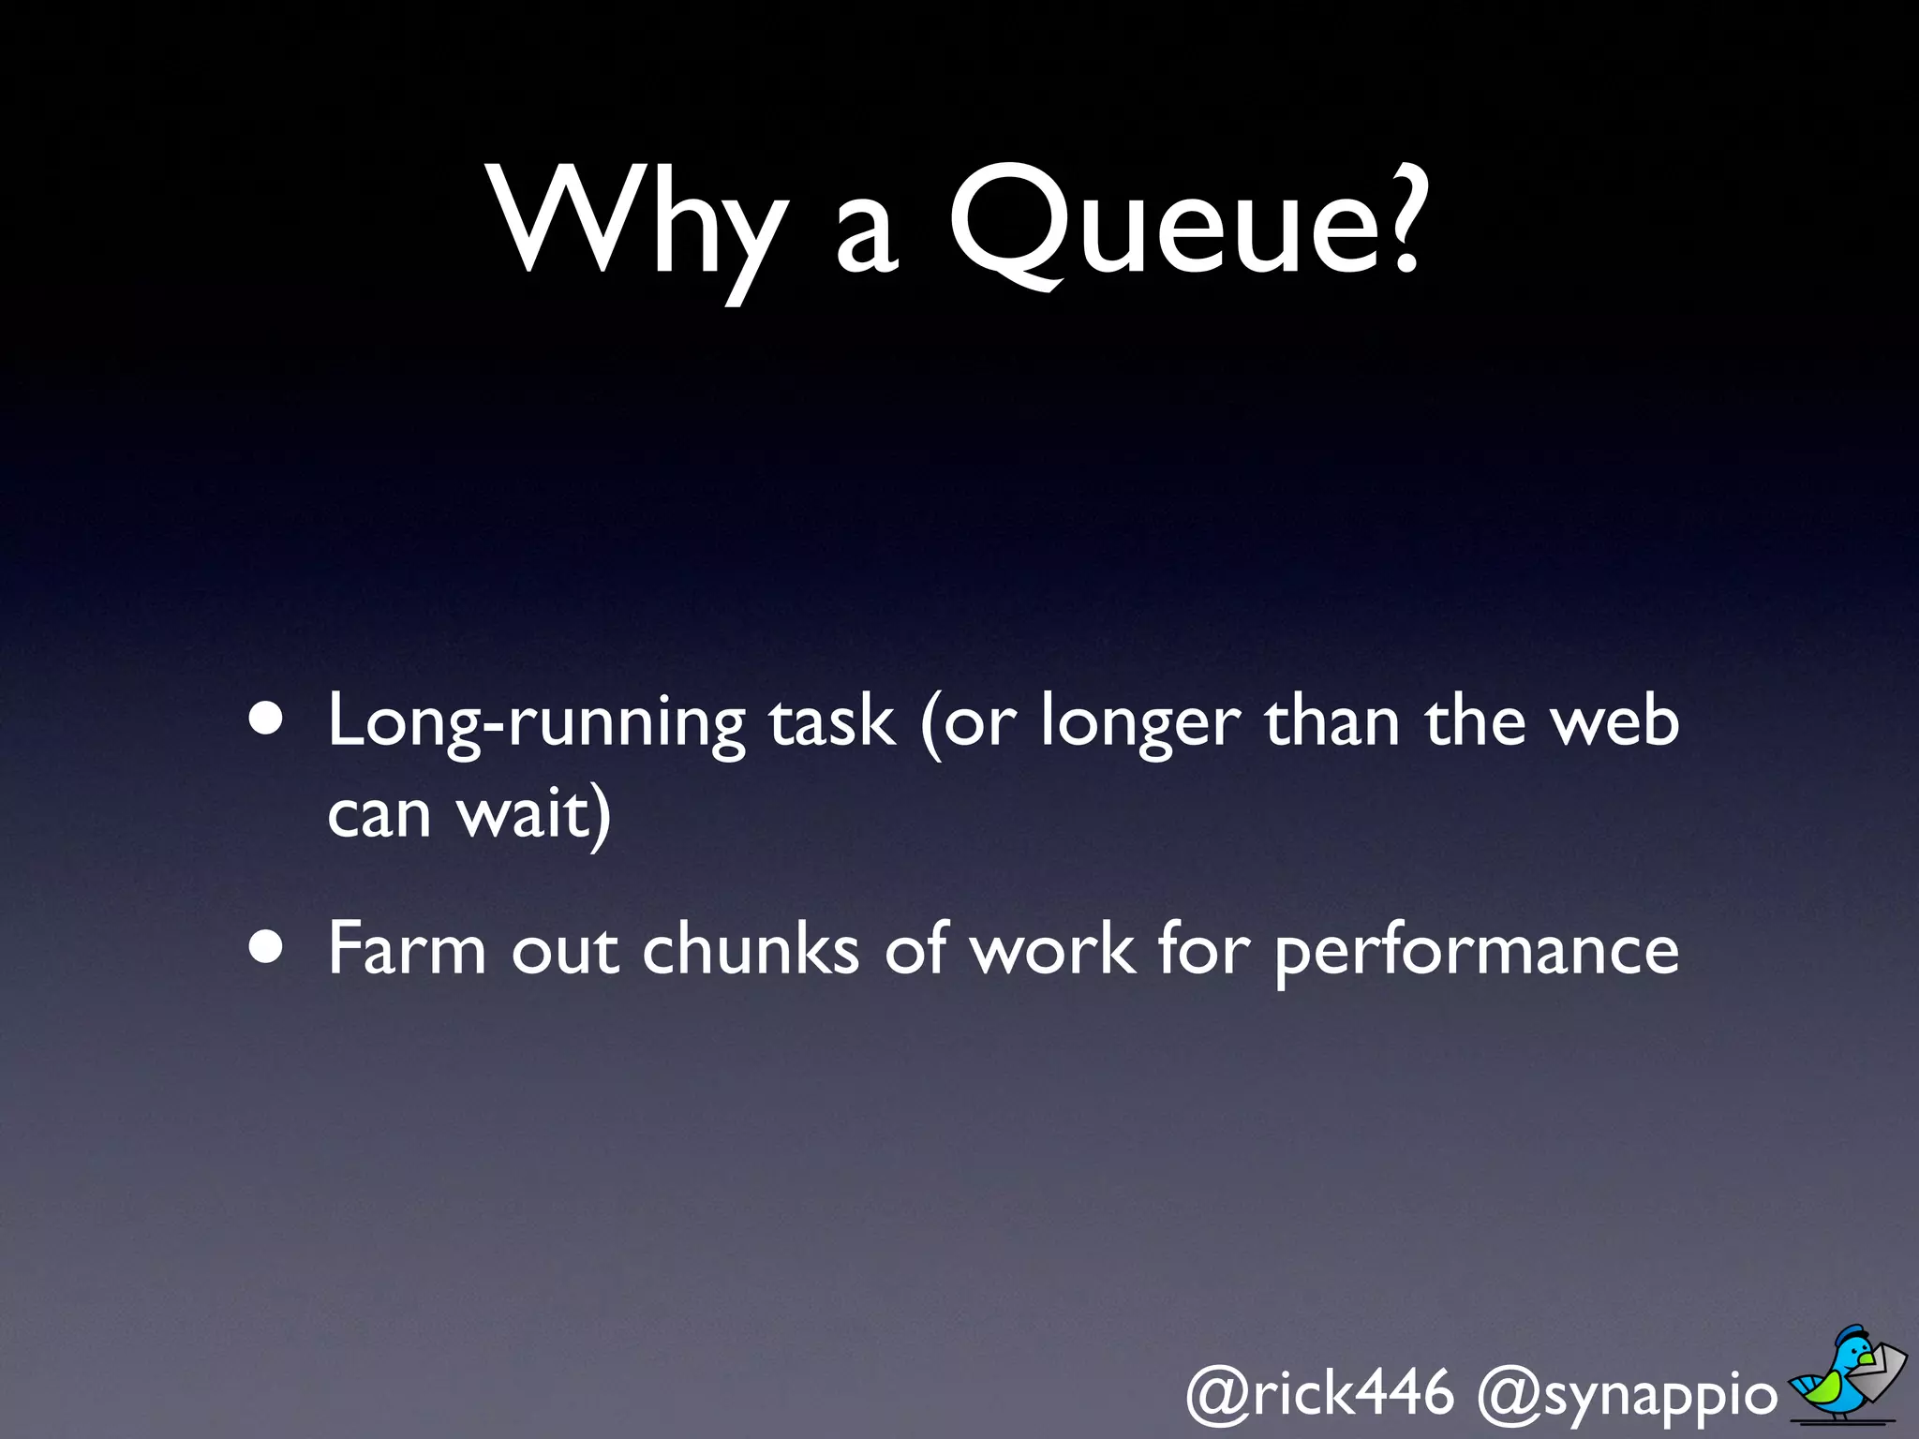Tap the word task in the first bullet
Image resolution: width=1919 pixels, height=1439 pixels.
click(831, 721)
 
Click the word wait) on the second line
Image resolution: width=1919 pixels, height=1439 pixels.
click(534, 813)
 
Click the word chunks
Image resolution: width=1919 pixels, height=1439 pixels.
click(750, 948)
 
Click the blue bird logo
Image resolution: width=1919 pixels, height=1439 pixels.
click(1847, 1373)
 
